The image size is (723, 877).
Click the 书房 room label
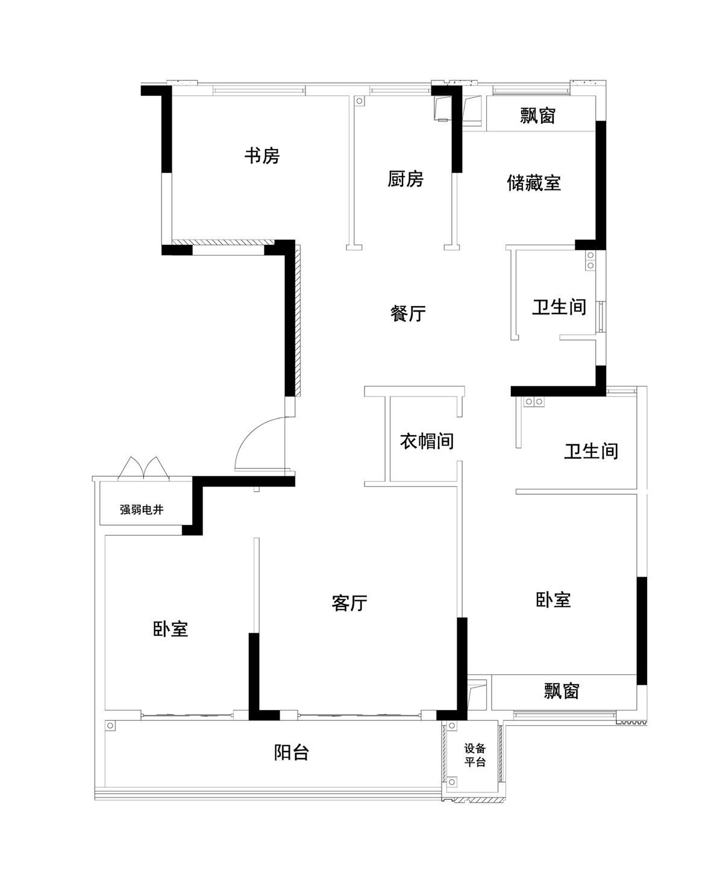point(262,156)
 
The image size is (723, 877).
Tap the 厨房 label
point(405,179)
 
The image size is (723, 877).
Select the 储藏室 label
point(534,183)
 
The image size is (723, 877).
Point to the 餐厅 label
point(408,313)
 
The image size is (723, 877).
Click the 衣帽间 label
point(427,441)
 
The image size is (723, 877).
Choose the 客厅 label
point(349,603)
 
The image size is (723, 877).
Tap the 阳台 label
point(292,752)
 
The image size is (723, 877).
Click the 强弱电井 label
point(142,510)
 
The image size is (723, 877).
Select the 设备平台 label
point(475,755)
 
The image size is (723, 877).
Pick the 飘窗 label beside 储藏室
point(538,116)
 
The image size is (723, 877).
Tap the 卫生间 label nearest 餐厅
point(559,307)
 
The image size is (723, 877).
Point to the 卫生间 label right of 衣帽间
point(590,451)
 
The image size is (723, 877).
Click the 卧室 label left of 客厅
point(170,629)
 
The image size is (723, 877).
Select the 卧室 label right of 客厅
point(553,600)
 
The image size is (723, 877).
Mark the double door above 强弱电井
point(143,468)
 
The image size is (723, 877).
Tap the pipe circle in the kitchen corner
point(360,101)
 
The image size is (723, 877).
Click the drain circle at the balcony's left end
point(110,726)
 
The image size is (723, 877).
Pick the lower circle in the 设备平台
point(452,782)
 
